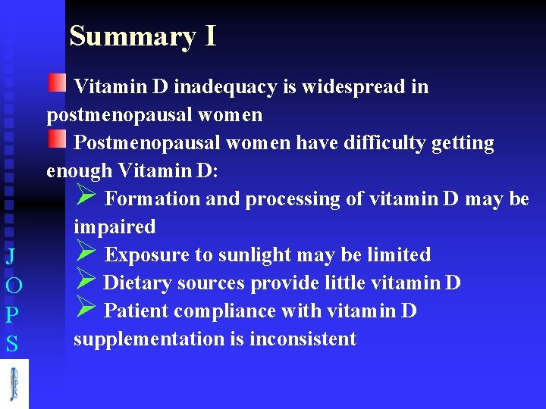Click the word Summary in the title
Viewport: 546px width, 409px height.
click(x=133, y=36)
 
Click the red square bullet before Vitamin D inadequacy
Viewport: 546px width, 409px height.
click(x=57, y=83)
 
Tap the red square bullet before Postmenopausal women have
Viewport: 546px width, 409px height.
click(x=57, y=139)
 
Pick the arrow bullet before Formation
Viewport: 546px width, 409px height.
click(x=86, y=197)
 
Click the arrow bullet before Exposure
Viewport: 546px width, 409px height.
click(x=86, y=253)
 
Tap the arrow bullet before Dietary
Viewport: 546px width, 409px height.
click(x=86, y=281)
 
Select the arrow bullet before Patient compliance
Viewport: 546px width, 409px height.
click(x=86, y=309)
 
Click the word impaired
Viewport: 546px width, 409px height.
click(x=115, y=227)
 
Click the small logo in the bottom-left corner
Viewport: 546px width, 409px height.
click(x=14, y=384)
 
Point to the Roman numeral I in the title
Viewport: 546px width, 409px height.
click(x=210, y=36)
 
